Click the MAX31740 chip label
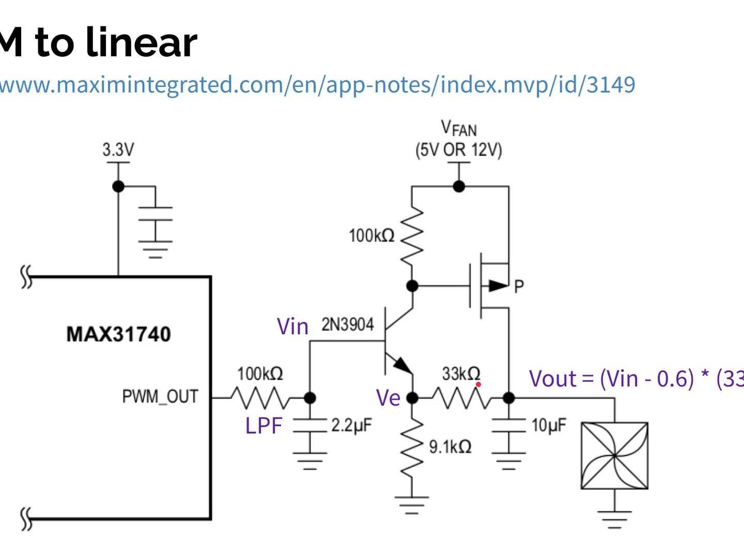pyautogui.click(x=118, y=334)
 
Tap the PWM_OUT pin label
pyautogui.click(x=160, y=397)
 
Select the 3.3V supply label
pyautogui.click(x=118, y=150)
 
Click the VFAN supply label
pyautogui.click(x=459, y=128)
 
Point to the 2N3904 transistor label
pyautogui.click(x=347, y=324)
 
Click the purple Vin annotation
pyautogui.click(x=292, y=327)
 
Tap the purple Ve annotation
pyautogui.click(x=388, y=398)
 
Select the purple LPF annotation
pyautogui.click(x=263, y=426)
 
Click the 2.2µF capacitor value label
pyautogui.click(x=351, y=425)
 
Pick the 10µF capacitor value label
pyautogui.click(x=549, y=425)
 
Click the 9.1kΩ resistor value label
pyautogui.click(x=450, y=446)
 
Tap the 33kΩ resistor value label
pyautogui.click(x=461, y=373)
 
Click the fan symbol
pyautogui.click(x=614, y=455)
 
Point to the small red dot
pyautogui.click(x=478, y=384)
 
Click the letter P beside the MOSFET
pyautogui.click(x=519, y=286)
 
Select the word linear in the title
pyautogui.click(x=141, y=42)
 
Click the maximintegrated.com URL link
pyautogui.click(x=317, y=85)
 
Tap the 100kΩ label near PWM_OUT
pyautogui.click(x=260, y=374)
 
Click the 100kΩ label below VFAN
pyautogui.click(x=371, y=236)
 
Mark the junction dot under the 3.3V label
pyautogui.click(x=118, y=187)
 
